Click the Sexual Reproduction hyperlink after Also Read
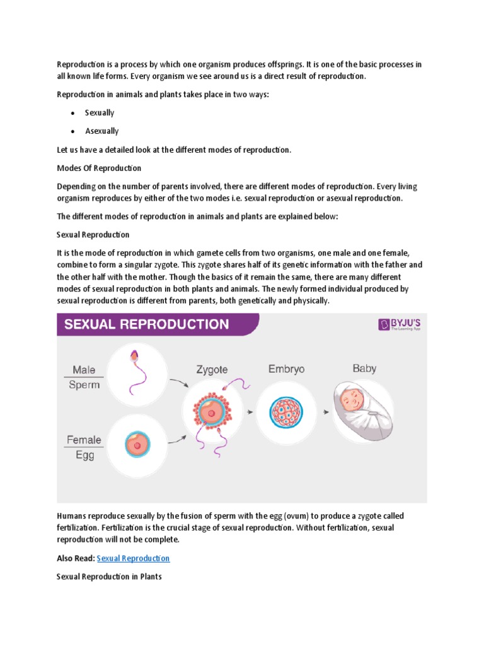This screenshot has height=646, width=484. [133, 558]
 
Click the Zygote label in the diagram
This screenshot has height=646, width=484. [211, 370]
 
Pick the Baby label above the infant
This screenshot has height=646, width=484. [364, 368]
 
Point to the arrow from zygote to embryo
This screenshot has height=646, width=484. [250, 413]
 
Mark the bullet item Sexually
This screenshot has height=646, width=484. [100, 113]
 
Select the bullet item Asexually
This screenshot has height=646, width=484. [101, 131]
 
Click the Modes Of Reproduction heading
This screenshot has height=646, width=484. [99, 168]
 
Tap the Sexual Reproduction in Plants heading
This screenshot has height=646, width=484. [109, 577]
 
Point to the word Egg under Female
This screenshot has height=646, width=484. [84, 455]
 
